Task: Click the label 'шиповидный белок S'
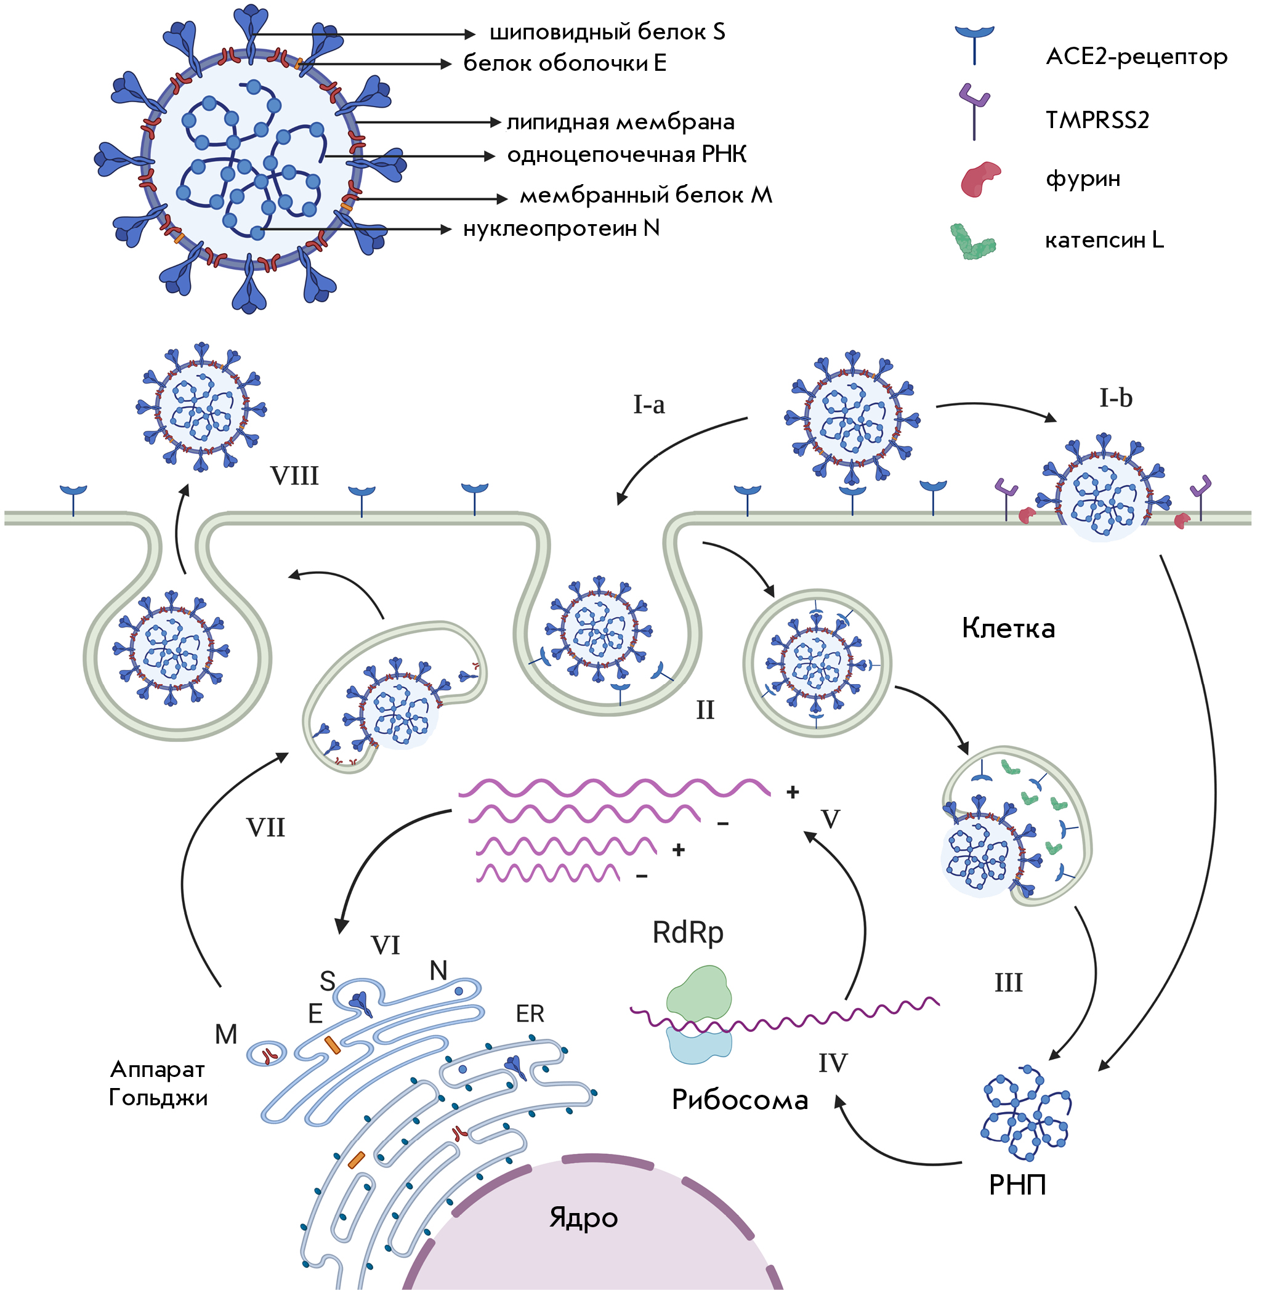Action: (x=607, y=33)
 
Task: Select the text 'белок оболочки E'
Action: (x=565, y=63)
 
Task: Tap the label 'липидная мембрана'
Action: (x=621, y=123)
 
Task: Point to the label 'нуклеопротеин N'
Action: (x=562, y=228)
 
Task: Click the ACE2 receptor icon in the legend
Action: (x=974, y=46)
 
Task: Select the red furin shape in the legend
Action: (x=980, y=179)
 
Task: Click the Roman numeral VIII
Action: (x=294, y=476)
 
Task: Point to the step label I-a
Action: (x=648, y=405)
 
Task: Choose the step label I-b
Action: (x=1115, y=398)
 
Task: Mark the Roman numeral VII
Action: (x=265, y=828)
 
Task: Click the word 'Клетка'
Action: (x=1008, y=629)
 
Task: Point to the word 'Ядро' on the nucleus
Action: (x=583, y=1218)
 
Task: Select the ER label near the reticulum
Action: (x=530, y=1014)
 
